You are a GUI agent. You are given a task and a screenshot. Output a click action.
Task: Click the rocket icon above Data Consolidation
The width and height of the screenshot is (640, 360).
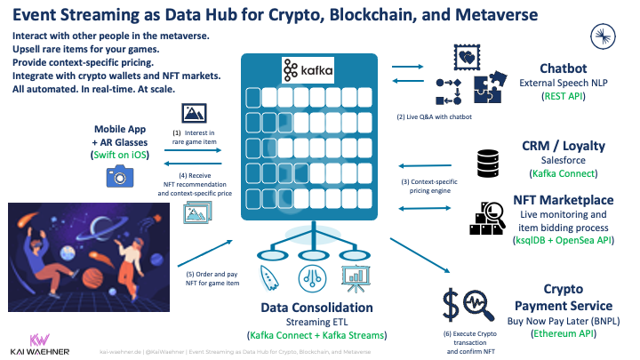click(x=266, y=276)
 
